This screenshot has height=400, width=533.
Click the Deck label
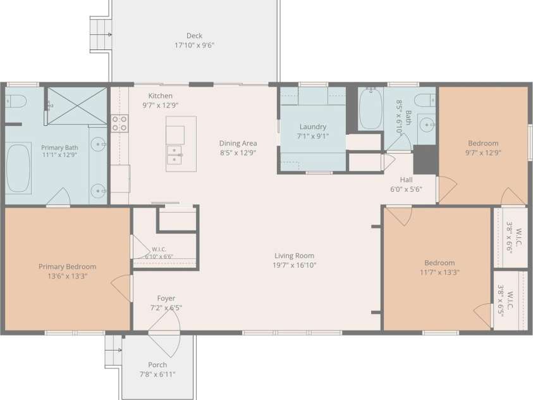[195, 35]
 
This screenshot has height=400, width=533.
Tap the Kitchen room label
[160, 96]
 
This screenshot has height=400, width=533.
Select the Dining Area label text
[238, 143]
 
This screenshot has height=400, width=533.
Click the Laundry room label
[313, 127]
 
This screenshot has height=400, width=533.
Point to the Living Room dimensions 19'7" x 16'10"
[295, 265]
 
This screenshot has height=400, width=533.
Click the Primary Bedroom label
[67, 266]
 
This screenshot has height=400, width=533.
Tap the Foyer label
[166, 298]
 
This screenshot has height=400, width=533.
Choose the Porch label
[157, 365]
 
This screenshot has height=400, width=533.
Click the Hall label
[406, 180]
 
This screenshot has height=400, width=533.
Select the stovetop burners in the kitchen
[119, 123]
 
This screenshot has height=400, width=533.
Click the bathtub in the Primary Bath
[19, 168]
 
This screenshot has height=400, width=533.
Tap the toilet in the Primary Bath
[16, 101]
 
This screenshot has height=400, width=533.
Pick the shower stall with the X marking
[77, 106]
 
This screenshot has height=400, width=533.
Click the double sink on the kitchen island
[175, 155]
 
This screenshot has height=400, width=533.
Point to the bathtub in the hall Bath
[371, 108]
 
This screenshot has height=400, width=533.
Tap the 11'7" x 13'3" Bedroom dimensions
[439, 272]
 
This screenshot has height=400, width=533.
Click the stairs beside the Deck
[101, 34]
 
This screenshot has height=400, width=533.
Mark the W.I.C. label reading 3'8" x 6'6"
[514, 237]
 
